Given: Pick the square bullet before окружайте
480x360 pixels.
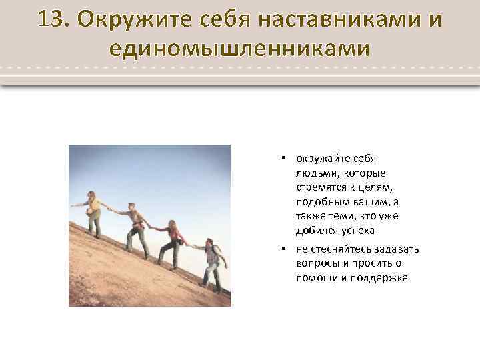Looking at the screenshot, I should [283, 159].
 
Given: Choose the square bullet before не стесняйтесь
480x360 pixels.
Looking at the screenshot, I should [283, 249].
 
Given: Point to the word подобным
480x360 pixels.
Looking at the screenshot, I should [321, 201].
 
